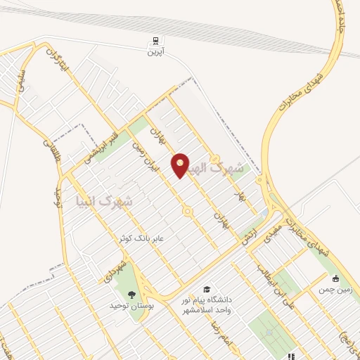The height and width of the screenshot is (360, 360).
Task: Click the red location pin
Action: click(181, 165)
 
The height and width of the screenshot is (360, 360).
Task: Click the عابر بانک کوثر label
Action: click(141, 238)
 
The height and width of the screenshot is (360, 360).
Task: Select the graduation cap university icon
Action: click(207, 289)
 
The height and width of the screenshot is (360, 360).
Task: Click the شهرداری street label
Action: click(117, 269)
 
